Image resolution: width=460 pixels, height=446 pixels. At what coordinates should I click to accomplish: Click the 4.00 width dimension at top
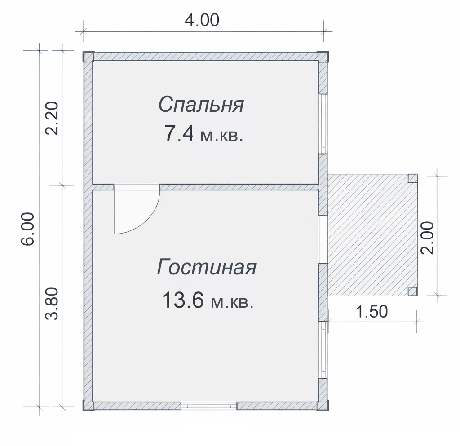(x=202, y=20)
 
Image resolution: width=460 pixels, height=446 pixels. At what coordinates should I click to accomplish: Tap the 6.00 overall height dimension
(x=28, y=229)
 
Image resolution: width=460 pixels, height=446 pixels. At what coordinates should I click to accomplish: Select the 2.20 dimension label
(x=52, y=118)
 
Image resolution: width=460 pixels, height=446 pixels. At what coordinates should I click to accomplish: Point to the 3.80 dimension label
(x=52, y=303)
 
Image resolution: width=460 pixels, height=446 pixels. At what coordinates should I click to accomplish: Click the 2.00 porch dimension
(x=427, y=238)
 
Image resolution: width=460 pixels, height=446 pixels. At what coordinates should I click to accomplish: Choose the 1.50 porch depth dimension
(x=372, y=311)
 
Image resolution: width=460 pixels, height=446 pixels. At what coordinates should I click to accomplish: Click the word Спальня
(x=201, y=104)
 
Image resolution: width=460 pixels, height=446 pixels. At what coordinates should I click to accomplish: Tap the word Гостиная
(x=207, y=267)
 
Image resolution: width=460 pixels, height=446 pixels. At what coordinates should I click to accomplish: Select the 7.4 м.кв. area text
(x=204, y=134)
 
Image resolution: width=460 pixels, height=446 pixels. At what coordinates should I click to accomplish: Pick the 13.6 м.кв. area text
(x=208, y=300)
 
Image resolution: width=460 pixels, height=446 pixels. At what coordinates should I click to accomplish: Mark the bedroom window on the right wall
(x=323, y=124)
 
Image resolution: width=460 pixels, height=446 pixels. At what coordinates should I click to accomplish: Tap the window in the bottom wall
(x=209, y=406)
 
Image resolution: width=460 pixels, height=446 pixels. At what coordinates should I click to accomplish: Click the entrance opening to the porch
(x=323, y=239)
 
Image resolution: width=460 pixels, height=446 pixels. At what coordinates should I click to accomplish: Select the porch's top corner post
(x=413, y=178)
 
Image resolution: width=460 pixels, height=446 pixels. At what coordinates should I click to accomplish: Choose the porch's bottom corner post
(x=413, y=291)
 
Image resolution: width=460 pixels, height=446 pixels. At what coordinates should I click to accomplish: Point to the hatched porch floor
(x=372, y=234)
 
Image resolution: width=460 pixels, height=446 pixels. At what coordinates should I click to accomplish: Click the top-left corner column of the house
(x=88, y=57)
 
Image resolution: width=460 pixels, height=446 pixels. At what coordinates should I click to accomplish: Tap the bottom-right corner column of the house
(x=323, y=405)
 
